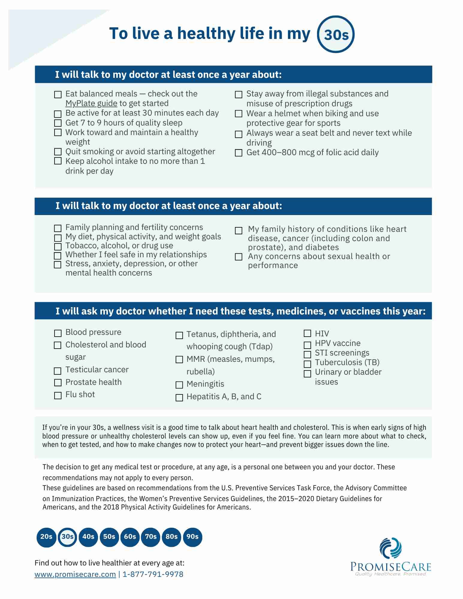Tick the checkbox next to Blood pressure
click(58, 333)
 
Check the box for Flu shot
click(58, 395)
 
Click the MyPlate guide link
click(91, 103)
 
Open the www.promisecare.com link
click(75, 574)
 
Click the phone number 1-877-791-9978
click(153, 574)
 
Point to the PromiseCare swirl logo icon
click(390, 548)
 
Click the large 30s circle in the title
click(336, 34)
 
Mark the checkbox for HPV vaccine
click(307, 345)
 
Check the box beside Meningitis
click(179, 385)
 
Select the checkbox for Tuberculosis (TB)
click(307, 364)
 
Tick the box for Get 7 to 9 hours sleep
click(58, 123)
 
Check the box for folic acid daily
click(239, 153)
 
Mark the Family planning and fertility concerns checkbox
click(58, 228)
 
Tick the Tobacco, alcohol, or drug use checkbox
click(58, 246)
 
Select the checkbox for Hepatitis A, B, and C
click(179, 397)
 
